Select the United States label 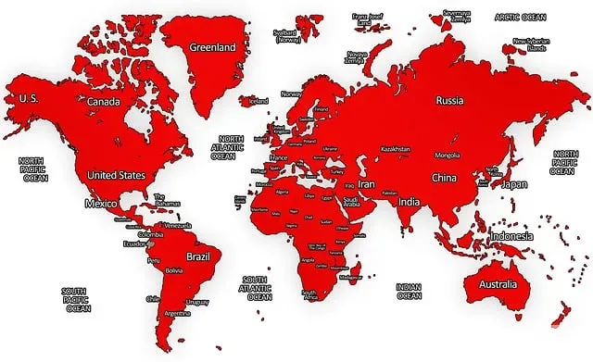tap(116, 174)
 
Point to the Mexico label tap(100, 203)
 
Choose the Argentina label tap(177, 314)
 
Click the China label tap(443, 178)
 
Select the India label tap(409, 201)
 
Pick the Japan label tap(514, 184)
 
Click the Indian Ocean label tap(409, 293)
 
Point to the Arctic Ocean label tap(520, 17)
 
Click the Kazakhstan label tap(396, 148)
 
